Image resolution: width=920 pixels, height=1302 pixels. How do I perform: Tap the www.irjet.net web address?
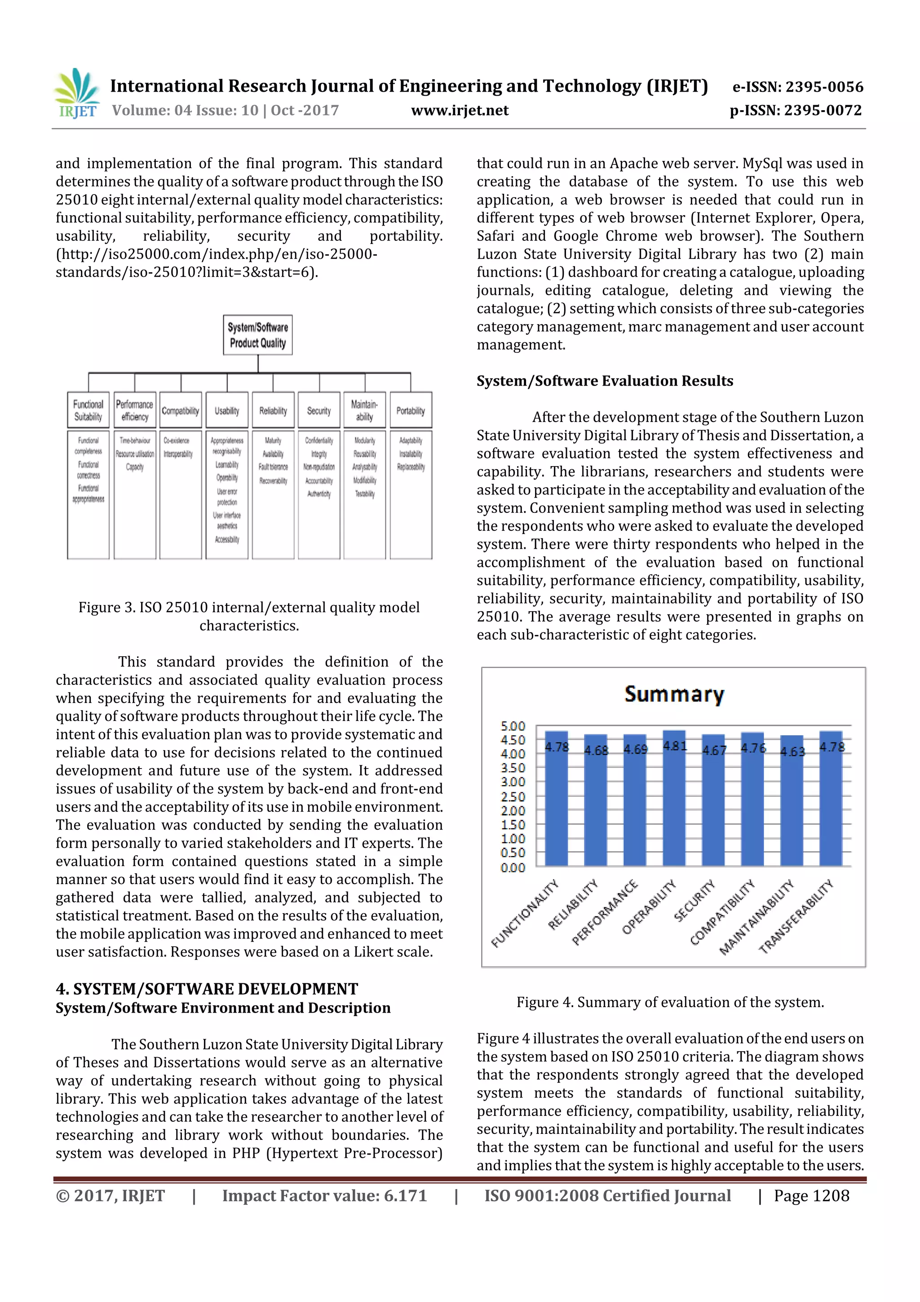[x=459, y=111]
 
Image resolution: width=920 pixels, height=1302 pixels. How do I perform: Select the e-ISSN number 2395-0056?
[x=797, y=87]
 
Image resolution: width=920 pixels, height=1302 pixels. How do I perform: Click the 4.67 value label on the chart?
[x=714, y=750]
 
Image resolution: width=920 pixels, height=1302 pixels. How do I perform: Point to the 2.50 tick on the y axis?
[x=513, y=796]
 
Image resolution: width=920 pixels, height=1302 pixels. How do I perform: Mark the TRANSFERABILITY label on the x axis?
[x=796, y=916]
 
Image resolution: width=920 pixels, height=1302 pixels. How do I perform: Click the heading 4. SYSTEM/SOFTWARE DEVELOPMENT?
[x=207, y=989]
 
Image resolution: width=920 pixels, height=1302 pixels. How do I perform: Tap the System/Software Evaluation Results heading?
[x=605, y=381]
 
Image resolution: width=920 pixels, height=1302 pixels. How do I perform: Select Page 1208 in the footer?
[x=811, y=1196]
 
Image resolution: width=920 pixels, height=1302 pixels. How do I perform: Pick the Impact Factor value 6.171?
[x=324, y=1196]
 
